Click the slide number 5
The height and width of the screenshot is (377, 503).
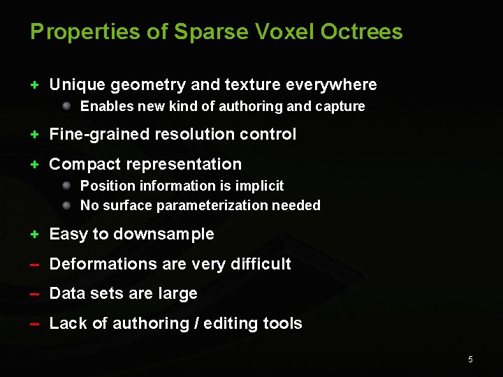[470, 360]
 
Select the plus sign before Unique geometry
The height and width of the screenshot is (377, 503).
[34, 85]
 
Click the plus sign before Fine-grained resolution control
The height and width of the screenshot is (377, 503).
[34, 134]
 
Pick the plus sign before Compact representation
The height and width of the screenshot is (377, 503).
[34, 165]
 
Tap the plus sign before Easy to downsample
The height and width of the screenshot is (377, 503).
[34, 235]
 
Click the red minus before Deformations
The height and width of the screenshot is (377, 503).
[34, 265]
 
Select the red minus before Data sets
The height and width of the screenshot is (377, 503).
[34, 295]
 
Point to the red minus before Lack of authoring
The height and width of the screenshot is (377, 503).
[34, 325]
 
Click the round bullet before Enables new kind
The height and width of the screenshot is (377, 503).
[66, 106]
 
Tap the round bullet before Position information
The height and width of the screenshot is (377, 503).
[66, 186]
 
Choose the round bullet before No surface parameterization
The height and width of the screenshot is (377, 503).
[66, 205]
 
